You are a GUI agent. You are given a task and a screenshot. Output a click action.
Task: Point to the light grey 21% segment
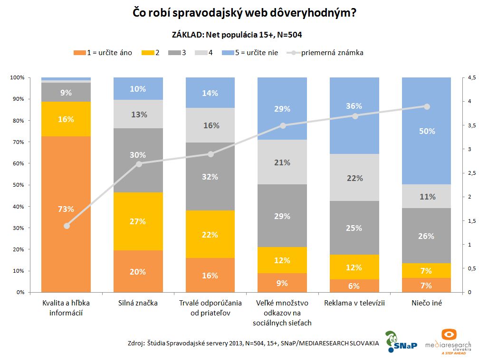click(x=282, y=162)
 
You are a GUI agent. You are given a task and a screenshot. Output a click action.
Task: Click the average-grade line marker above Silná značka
click(x=138, y=164)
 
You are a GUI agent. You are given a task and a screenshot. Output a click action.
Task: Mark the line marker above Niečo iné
click(x=427, y=106)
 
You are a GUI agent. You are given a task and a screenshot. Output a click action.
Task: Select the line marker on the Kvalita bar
click(x=67, y=226)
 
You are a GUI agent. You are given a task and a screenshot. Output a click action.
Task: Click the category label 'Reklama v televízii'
click(x=354, y=303)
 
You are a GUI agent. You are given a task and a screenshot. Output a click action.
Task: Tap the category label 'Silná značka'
click(x=138, y=303)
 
